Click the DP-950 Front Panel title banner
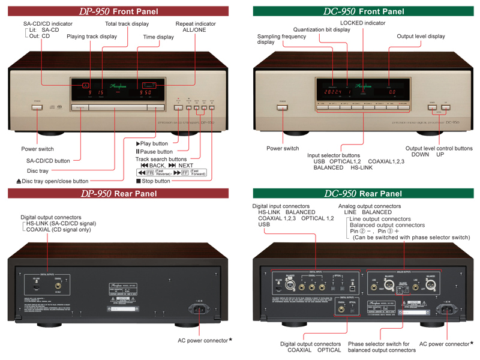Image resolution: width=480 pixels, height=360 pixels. click(x=118, y=11)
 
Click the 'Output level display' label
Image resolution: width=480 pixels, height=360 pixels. click(x=421, y=36)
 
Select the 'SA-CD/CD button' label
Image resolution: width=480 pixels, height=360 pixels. click(x=48, y=160)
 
